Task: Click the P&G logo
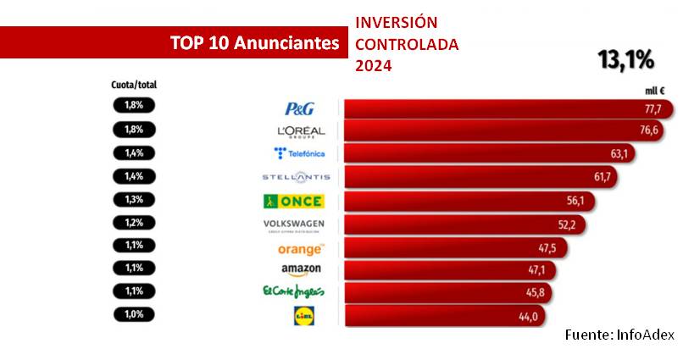point(299,108)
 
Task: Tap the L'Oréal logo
point(301,131)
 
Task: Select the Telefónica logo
point(299,153)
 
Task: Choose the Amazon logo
point(300,271)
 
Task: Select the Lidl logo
point(302,317)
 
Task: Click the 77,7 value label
point(653,109)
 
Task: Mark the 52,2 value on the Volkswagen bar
point(567,224)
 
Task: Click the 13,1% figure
point(626,60)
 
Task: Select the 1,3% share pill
point(134,201)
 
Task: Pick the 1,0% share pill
point(134,314)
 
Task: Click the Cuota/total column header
point(134,85)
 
